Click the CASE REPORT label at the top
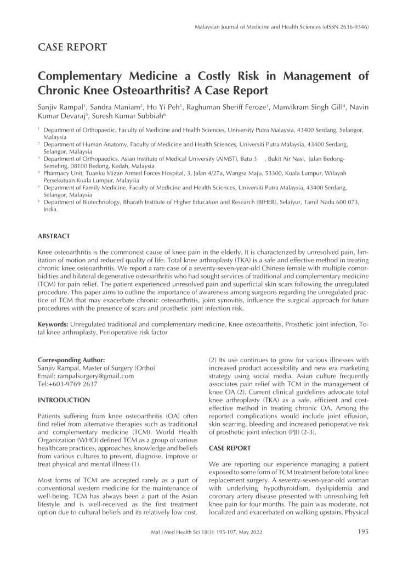72,47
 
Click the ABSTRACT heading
53,236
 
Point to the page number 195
363,531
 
